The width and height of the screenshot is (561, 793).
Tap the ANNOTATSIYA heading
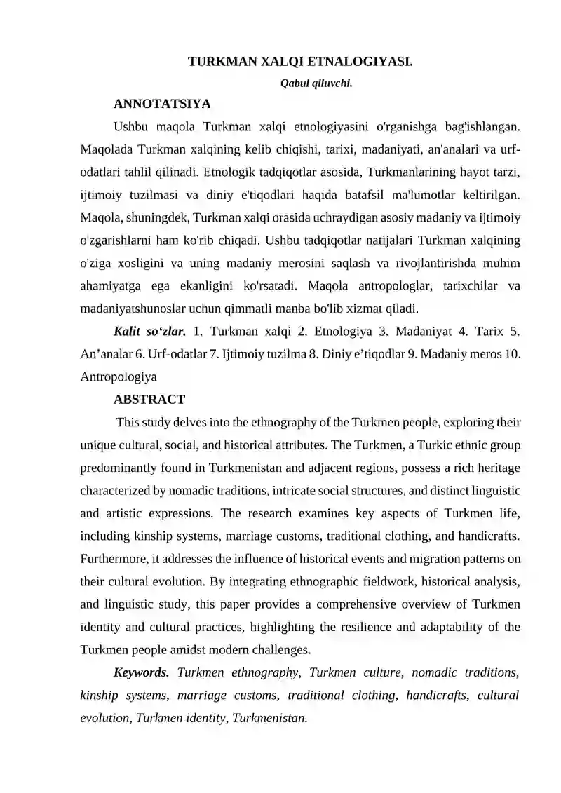point(162,104)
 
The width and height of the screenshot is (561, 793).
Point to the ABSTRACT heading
point(149,400)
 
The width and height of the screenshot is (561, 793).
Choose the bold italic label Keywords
point(142,673)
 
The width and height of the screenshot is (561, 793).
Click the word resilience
point(360,627)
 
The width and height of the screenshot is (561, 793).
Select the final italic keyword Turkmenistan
point(270,718)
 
